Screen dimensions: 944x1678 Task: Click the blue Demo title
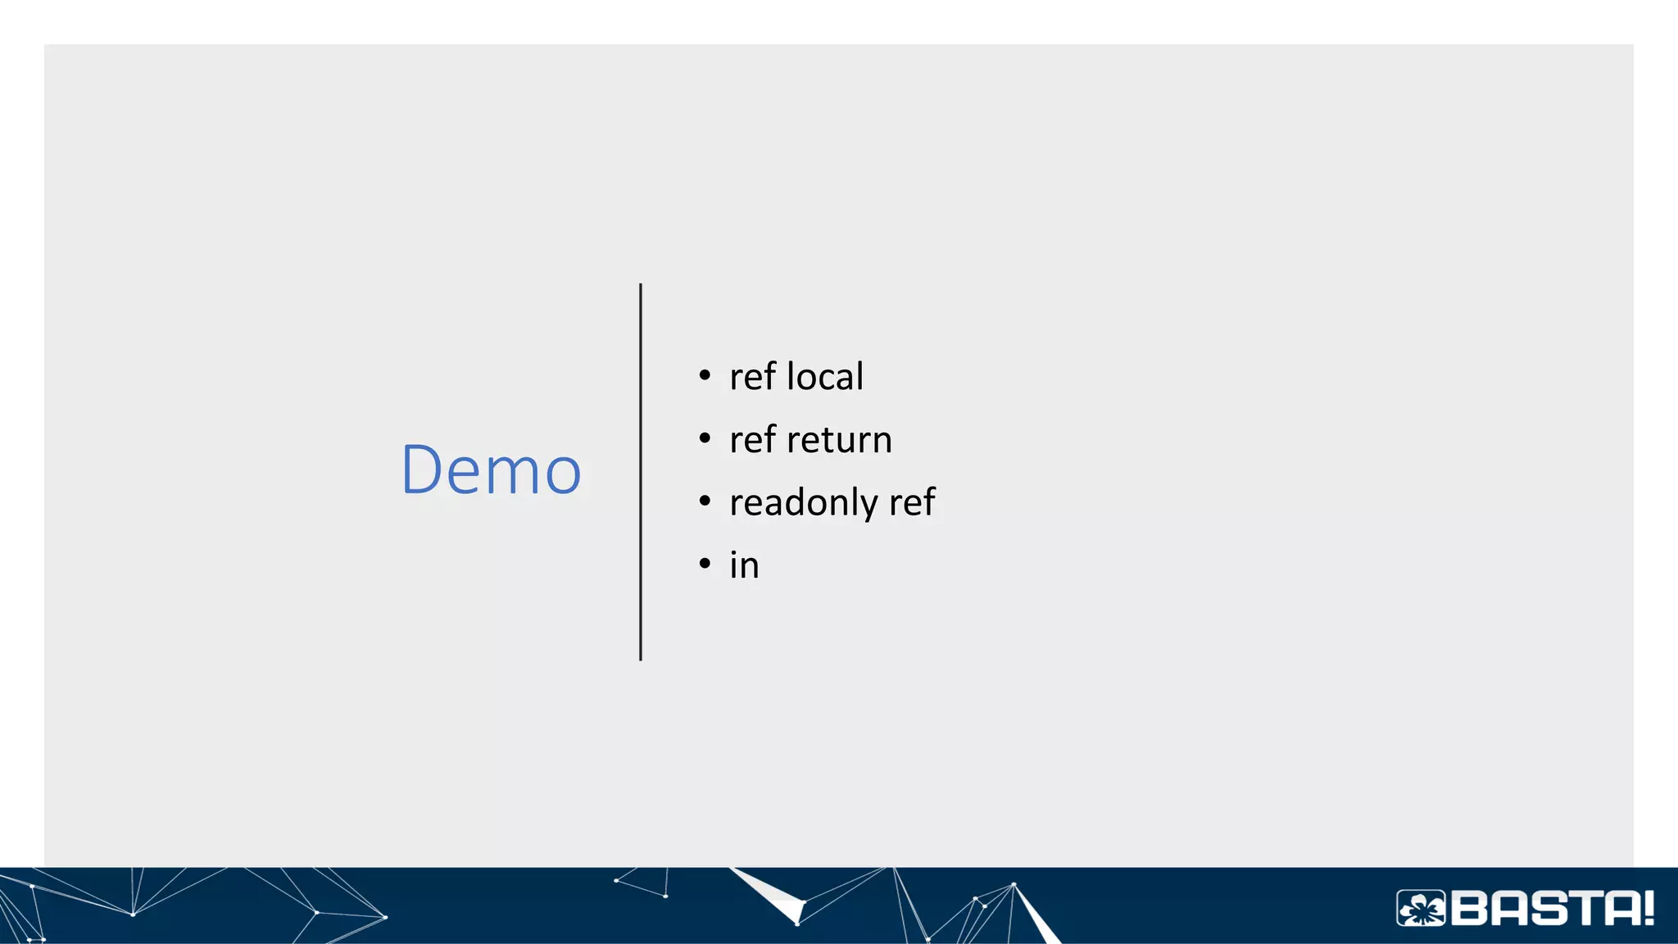(491, 470)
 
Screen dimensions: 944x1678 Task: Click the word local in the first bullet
(824, 377)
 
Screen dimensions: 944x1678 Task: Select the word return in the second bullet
(839, 440)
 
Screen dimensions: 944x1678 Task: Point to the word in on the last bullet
(744, 565)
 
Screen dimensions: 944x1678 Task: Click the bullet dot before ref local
(705, 376)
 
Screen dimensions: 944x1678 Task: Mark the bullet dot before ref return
(705, 438)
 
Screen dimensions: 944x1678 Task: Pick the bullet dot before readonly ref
(705, 501)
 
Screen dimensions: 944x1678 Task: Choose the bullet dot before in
(705, 564)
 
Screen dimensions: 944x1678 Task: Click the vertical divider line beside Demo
(641, 472)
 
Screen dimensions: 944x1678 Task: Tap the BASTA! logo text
(1552, 909)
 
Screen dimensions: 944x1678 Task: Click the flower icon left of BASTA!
(1422, 909)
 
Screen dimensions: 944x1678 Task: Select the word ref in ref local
(752, 377)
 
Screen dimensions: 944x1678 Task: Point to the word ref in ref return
(752, 440)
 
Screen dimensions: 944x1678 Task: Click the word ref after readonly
(912, 502)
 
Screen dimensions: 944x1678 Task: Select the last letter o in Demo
(563, 474)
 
